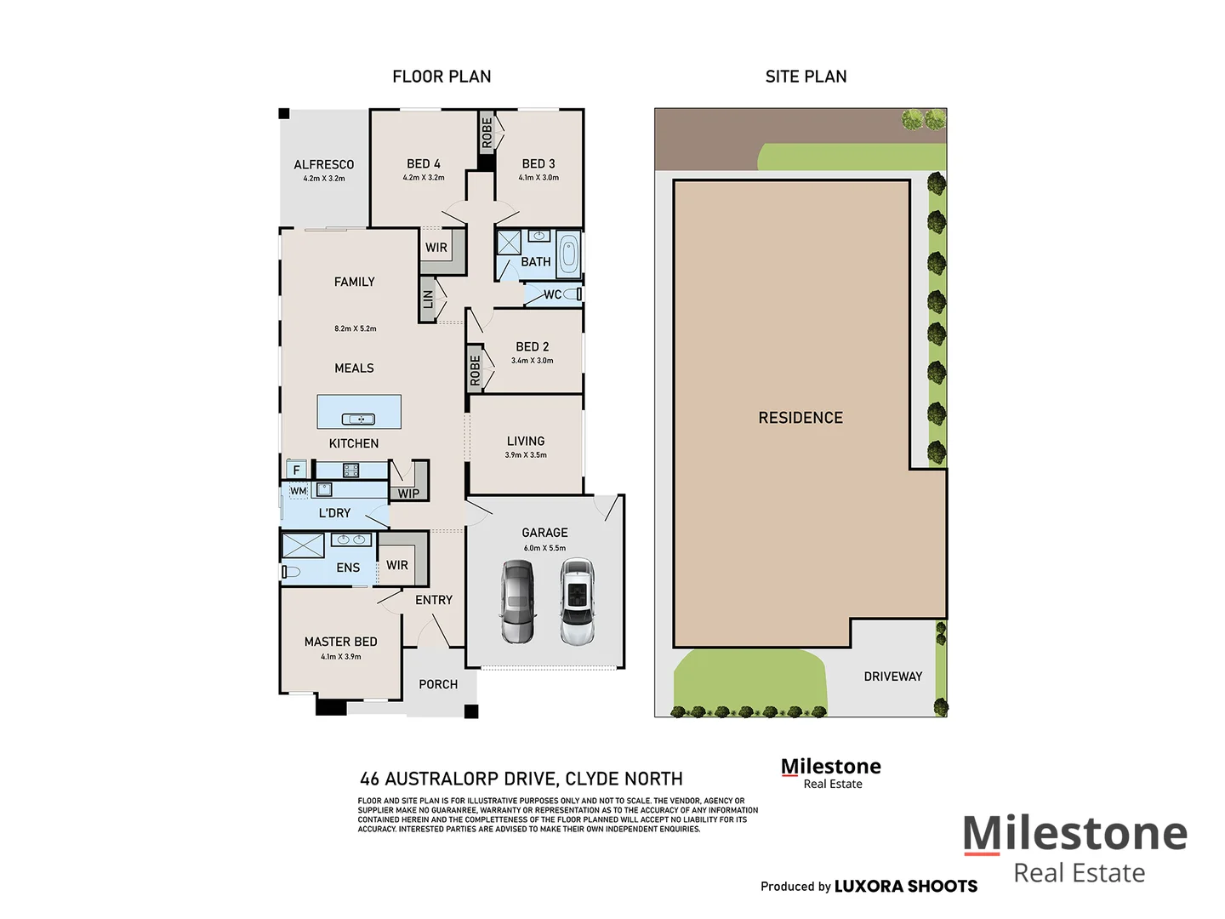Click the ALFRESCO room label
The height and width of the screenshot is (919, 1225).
(323, 164)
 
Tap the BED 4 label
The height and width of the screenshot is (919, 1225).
(423, 163)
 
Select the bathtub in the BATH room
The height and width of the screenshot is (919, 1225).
(568, 254)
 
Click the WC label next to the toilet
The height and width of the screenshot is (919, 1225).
(552, 294)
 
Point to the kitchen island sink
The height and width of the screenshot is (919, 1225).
(358, 419)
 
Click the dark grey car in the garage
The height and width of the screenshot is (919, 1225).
(517, 601)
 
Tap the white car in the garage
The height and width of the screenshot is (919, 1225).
(578, 601)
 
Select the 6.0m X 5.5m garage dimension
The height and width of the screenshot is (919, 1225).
(544, 548)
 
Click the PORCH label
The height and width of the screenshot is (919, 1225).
(438, 684)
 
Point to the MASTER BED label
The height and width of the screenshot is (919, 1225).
(340, 642)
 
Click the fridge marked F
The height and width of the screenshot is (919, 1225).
(296, 470)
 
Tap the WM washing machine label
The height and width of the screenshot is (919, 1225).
(298, 491)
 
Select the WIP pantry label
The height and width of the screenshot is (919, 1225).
(408, 494)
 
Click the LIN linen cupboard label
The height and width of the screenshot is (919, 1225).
(428, 300)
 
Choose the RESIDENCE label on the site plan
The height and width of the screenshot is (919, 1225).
(801, 418)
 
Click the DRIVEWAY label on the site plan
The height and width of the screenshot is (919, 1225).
(892, 676)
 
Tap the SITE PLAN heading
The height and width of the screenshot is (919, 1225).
(806, 77)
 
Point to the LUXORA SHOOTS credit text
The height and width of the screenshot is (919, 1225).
(905, 887)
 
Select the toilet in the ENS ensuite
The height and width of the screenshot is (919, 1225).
(291, 572)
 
